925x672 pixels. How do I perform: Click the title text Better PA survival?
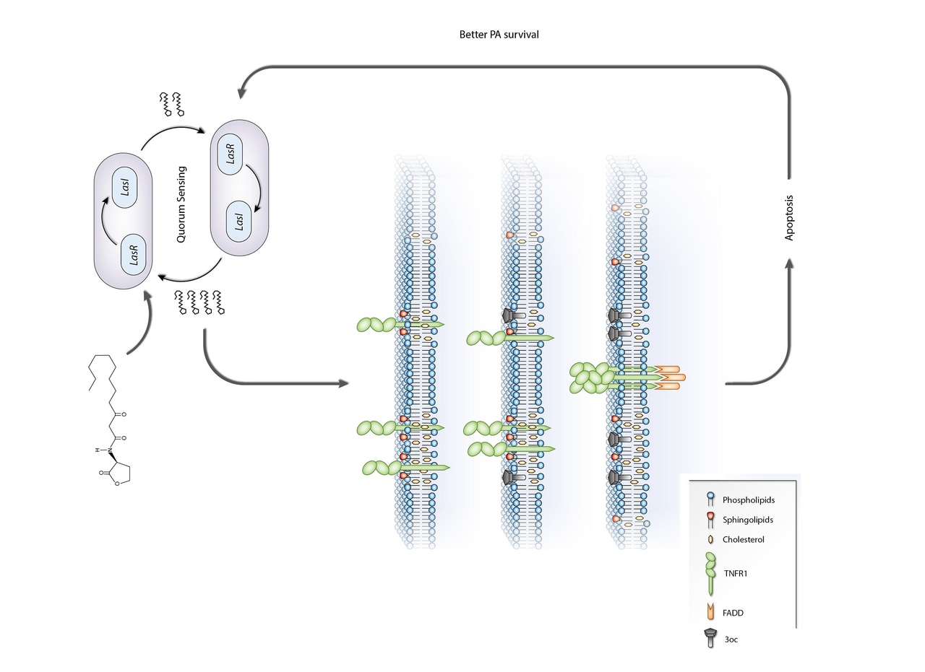click(499, 35)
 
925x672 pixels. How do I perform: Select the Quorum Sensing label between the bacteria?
click(181, 205)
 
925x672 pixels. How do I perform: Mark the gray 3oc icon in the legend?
click(711, 637)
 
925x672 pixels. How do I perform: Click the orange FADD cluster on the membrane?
click(668, 378)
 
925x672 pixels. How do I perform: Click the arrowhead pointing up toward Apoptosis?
click(788, 266)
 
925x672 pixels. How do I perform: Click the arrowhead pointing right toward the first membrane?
click(344, 383)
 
